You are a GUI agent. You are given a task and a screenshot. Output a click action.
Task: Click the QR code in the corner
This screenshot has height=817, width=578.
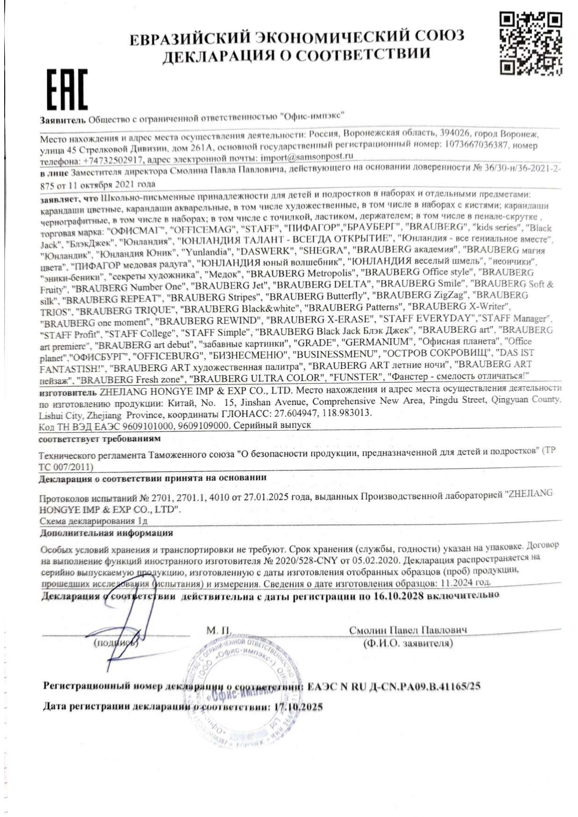pos(530,43)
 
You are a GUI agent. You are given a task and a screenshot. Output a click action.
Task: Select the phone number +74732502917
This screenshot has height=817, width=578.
pos(113,161)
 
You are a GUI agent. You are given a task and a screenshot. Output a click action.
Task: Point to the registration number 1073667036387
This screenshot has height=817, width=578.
pos(476,145)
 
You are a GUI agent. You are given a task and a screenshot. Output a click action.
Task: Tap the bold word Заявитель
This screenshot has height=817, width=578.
pos(62,120)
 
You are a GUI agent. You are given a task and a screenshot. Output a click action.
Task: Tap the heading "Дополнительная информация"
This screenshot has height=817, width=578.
pos(106,533)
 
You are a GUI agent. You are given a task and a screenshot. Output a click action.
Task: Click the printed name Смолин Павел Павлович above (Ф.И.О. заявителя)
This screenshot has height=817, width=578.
pos(408,630)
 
